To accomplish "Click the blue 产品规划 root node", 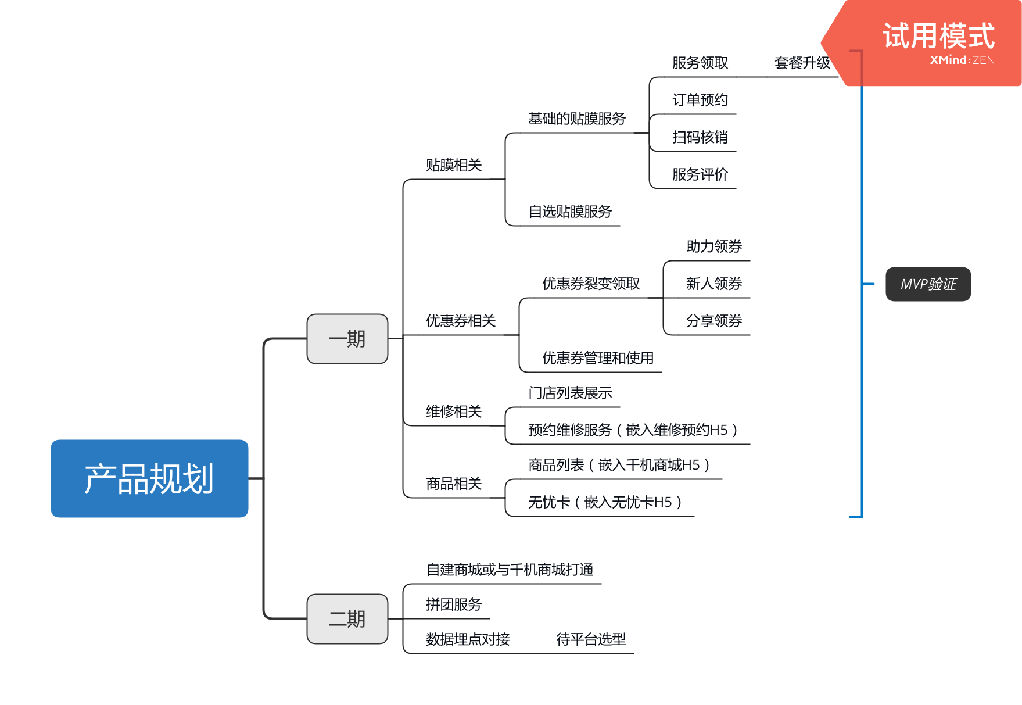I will (x=149, y=478).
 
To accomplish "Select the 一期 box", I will (x=347, y=339).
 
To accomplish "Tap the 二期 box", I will (x=347, y=619).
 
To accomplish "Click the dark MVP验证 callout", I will (x=928, y=284).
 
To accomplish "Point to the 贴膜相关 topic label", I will (x=454, y=166).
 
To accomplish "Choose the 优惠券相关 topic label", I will (x=461, y=321).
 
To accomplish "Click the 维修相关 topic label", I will (x=454, y=411).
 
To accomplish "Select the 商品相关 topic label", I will (x=454, y=484).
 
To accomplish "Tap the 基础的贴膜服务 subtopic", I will (x=576, y=119).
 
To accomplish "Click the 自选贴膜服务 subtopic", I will (x=570, y=212).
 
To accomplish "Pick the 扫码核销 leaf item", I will (x=700, y=137).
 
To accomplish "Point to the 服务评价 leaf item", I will (x=700, y=174).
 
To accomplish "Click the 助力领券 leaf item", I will (x=714, y=246).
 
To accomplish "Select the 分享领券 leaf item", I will (x=714, y=321).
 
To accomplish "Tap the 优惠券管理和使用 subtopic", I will (x=598, y=358).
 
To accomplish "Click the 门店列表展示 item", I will (x=570, y=393).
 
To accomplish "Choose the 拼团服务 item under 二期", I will (x=454, y=604).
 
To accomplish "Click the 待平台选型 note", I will (x=591, y=639).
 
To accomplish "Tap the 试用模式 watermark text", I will (x=938, y=36).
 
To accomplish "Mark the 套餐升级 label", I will (x=802, y=63).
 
